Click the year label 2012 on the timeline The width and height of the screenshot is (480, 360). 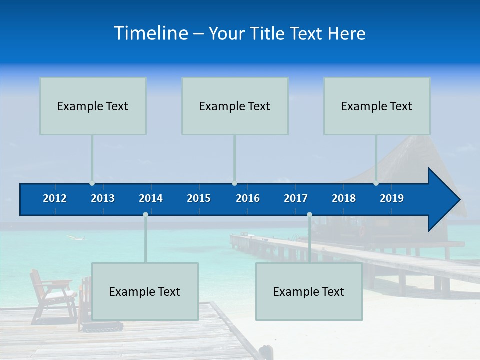(x=55, y=198)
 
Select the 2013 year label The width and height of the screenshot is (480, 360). (x=103, y=198)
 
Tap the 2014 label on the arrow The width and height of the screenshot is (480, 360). (x=151, y=198)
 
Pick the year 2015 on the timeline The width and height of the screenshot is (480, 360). (x=199, y=198)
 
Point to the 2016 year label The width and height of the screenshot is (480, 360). (x=248, y=198)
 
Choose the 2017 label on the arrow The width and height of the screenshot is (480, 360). (x=296, y=198)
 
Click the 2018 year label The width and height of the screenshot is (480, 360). (x=344, y=198)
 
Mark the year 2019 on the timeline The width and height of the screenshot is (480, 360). (x=392, y=198)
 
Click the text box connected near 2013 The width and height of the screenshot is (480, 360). (x=93, y=106)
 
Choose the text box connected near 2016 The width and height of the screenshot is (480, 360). (x=235, y=106)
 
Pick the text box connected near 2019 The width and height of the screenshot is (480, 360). (x=377, y=106)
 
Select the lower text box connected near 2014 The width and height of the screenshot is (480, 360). (x=145, y=291)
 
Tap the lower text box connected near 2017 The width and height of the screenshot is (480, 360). (x=309, y=291)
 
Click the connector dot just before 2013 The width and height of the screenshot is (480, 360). (x=92, y=183)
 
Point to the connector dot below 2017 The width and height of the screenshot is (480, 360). (x=309, y=215)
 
